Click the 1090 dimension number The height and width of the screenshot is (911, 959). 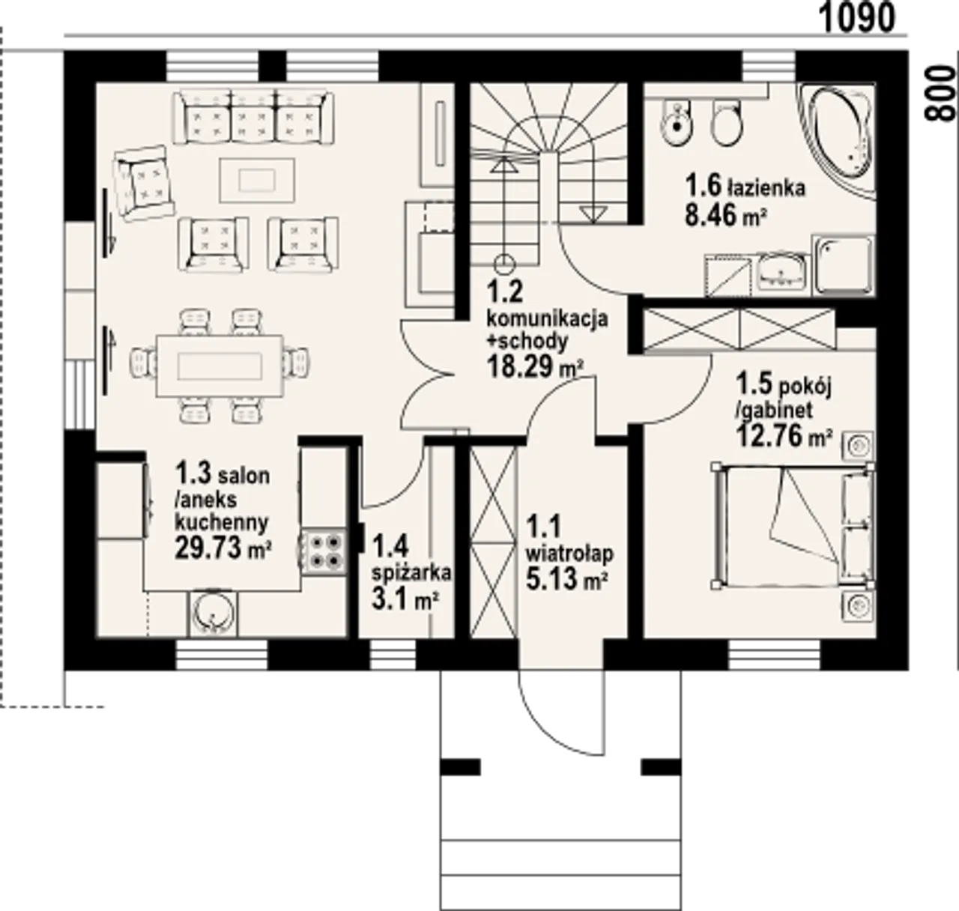click(858, 19)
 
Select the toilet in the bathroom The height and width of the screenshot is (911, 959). click(727, 122)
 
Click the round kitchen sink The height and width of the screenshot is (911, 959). click(214, 614)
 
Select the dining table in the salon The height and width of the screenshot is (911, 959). click(220, 366)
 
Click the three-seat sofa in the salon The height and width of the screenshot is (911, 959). click(254, 117)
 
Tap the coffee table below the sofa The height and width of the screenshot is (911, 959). click(257, 180)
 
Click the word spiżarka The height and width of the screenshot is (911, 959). click(411, 573)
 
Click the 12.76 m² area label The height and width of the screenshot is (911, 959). click(784, 436)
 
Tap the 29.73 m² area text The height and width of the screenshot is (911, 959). click(223, 548)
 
